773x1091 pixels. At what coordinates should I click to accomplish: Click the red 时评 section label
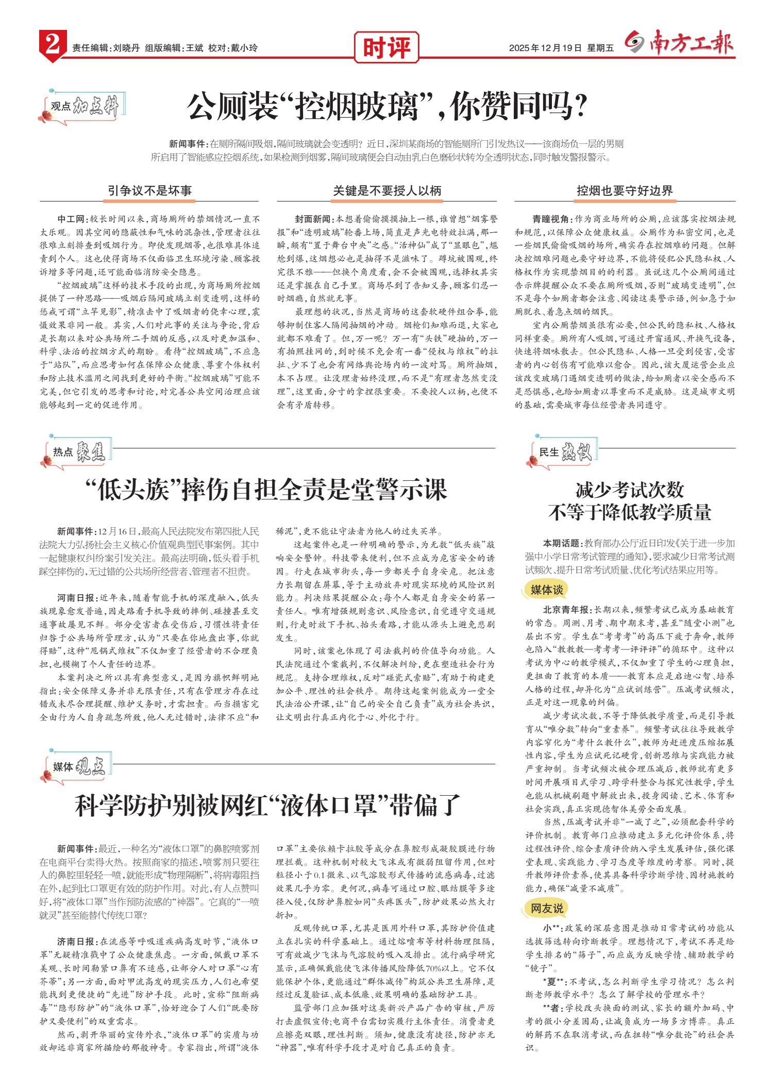coord(386,48)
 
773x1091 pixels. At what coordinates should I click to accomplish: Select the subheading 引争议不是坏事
coord(149,191)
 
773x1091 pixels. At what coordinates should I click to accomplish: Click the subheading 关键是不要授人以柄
coord(387,191)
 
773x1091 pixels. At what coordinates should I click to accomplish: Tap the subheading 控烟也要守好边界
coord(625,191)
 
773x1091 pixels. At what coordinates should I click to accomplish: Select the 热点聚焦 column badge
coord(77,452)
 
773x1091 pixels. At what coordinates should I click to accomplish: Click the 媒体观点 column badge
coord(77,767)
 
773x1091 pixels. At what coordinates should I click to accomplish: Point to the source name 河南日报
coord(76,598)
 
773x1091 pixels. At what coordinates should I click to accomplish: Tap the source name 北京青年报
coord(567,609)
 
